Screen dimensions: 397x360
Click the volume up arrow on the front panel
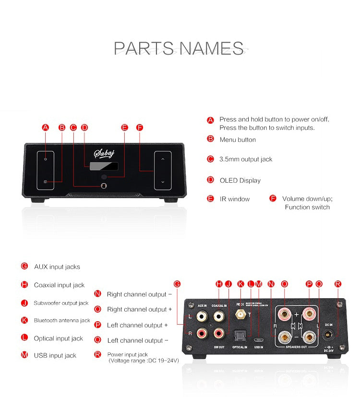click(x=163, y=159)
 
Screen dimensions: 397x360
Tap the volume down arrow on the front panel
click(x=163, y=182)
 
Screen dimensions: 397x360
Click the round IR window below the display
click(x=110, y=176)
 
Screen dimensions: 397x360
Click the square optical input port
click(x=239, y=334)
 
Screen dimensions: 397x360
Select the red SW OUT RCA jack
click(x=219, y=332)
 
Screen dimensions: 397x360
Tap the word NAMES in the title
click(x=211, y=48)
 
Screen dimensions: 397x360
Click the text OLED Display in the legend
click(x=240, y=180)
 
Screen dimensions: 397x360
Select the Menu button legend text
click(x=238, y=140)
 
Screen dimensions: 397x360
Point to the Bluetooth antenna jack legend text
click(x=62, y=320)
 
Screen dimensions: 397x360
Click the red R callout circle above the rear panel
click(x=338, y=284)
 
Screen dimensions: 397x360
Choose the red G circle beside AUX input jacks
click(x=24, y=267)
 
